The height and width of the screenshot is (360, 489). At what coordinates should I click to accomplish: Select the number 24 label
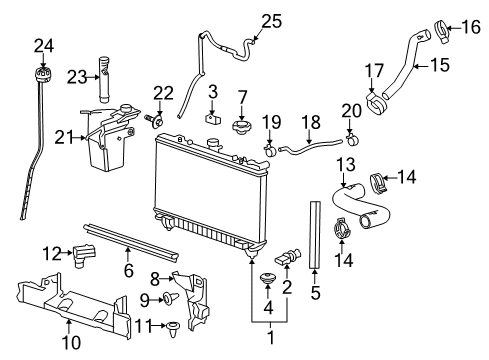(42, 45)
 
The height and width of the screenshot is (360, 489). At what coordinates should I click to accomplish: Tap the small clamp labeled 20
(350, 134)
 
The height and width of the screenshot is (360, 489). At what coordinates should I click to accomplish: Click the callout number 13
(345, 164)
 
